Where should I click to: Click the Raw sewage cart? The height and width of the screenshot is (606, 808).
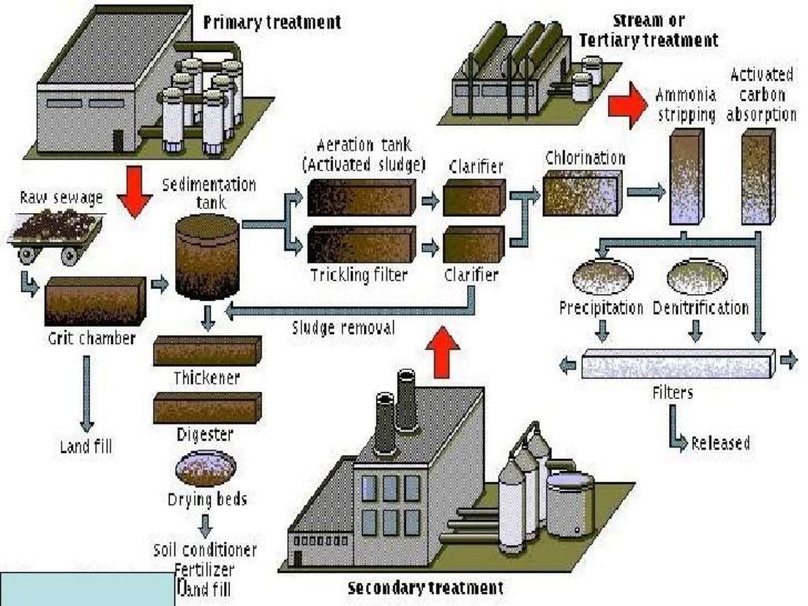click(x=54, y=234)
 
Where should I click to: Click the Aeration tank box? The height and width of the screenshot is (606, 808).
click(x=361, y=197)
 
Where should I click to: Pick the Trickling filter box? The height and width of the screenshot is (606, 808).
click(x=361, y=244)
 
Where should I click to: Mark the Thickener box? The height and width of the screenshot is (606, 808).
click(x=207, y=350)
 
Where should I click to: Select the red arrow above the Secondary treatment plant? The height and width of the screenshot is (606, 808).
click(x=446, y=352)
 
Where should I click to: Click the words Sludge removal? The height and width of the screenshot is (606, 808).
click(x=343, y=327)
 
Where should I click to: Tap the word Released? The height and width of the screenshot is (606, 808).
click(x=720, y=443)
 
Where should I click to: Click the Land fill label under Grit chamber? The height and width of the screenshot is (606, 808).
click(x=87, y=447)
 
